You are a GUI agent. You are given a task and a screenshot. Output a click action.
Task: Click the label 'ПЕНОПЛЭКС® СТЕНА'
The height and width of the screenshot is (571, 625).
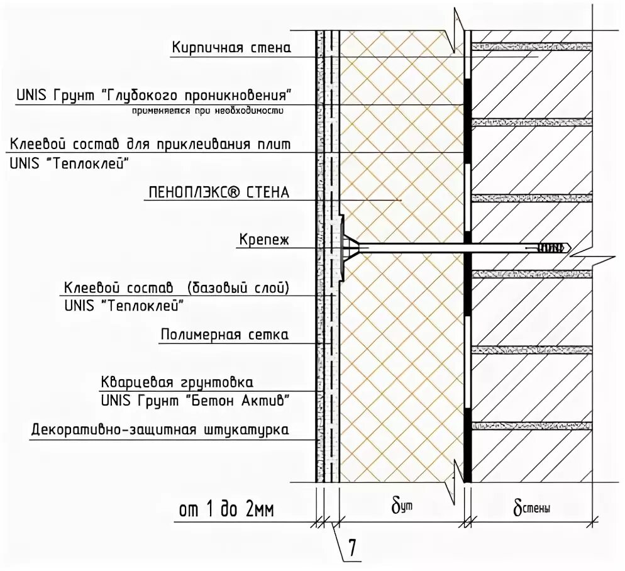click(218, 192)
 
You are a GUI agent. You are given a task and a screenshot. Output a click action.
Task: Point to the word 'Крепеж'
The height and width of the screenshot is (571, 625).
click(263, 240)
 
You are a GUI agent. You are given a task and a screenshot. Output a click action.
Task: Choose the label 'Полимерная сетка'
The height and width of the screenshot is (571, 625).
click(225, 335)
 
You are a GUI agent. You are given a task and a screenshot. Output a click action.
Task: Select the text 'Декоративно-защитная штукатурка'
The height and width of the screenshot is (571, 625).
click(160, 431)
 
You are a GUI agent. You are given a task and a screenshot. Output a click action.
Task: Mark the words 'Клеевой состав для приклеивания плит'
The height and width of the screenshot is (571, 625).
click(150, 145)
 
